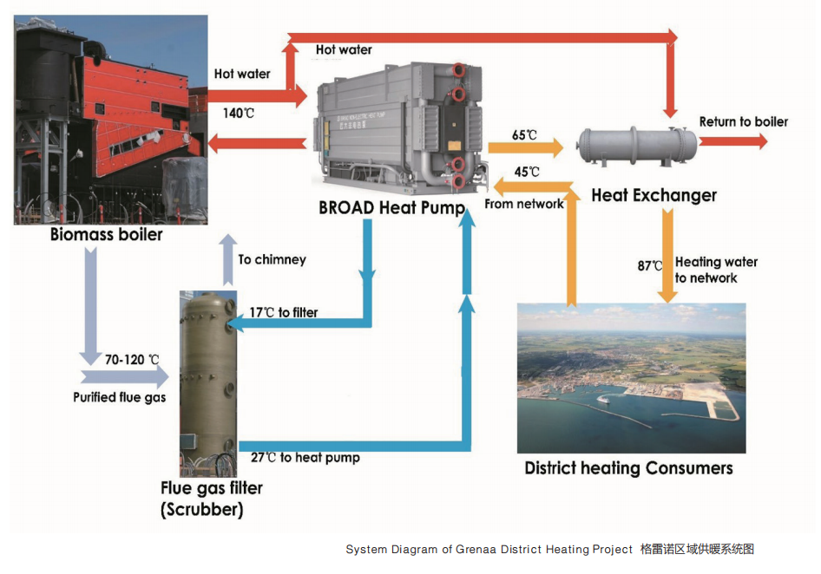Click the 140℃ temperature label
[238, 113]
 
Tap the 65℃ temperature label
[524, 135]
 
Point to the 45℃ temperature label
[527, 172]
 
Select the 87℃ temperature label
[650, 266]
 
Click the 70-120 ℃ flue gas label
[133, 359]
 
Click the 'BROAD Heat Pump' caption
[391, 208]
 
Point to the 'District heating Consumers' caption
[628, 468]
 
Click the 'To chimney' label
[272, 259]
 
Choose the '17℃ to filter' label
[284, 312]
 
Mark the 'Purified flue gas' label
[119, 397]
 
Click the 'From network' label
[523, 205]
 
